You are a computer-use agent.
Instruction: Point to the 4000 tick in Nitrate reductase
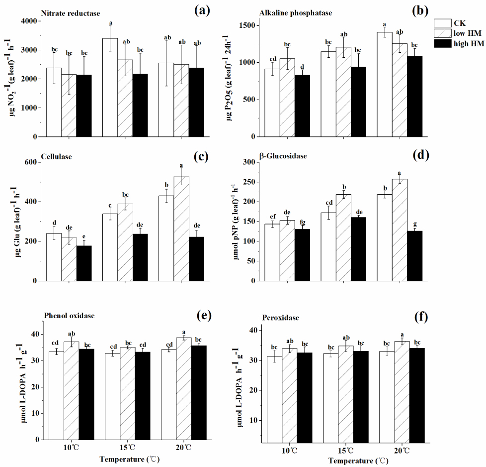(32, 21)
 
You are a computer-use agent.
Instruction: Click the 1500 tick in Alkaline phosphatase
(251, 26)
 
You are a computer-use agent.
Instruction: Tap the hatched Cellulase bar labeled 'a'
(182, 228)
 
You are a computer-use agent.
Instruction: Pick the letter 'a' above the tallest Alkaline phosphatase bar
(384, 24)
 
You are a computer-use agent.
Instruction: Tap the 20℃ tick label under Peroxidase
(402, 451)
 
